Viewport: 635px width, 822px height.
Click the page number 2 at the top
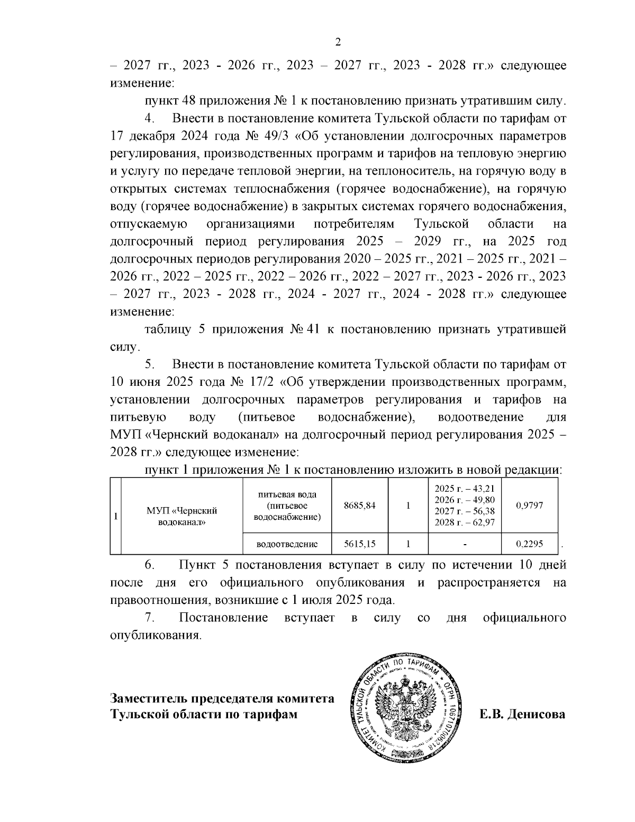click(x=338, y=43)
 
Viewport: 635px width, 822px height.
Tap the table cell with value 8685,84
click(x=359, y=505)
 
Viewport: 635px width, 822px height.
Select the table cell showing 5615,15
click(x=359, y=544)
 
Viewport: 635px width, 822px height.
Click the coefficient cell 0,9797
click(x=529, y=505)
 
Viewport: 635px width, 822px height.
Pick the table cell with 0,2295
click(x=529, y=544)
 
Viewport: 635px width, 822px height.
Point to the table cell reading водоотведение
click(x=287, y=544)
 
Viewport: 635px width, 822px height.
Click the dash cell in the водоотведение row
click(x=464, y=544)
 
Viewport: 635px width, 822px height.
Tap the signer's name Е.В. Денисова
click(x=522, y=715)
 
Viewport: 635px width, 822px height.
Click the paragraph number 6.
click(x=149, y=565)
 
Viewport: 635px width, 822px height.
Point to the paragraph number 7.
click(x=149, y=618)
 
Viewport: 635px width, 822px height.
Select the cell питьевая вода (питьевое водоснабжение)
click(x=287, y=505)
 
